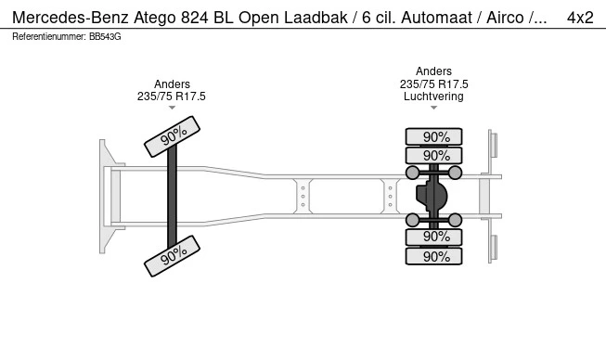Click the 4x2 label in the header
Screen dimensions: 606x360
(580, 18)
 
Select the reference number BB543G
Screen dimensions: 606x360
(105, 37)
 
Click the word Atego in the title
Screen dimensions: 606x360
(155, 18)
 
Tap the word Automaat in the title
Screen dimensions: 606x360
(437, 18)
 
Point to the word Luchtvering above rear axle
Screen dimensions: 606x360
(433, 96)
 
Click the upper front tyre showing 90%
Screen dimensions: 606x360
(172, 136)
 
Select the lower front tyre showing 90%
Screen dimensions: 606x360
(172, 256)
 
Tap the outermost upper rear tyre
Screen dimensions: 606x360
(433, 136)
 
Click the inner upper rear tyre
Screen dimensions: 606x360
(433, 156)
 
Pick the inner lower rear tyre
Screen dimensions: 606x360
(433, 237)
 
